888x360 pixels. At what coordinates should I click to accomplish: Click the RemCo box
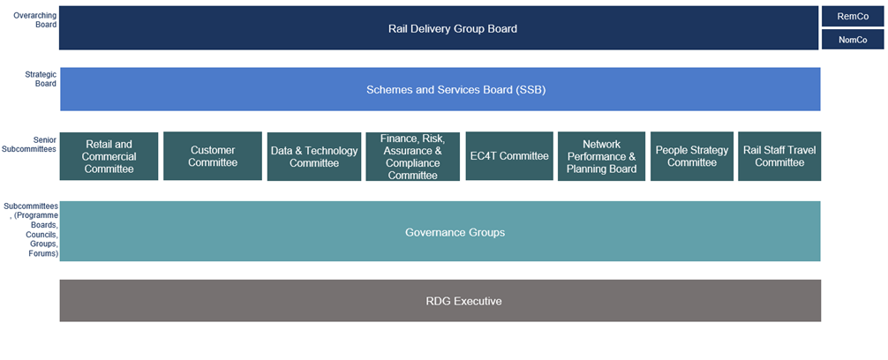[852, 16]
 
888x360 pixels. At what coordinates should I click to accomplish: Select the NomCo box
[852, 40]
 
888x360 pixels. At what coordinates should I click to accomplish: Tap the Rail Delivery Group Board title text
[452, 28]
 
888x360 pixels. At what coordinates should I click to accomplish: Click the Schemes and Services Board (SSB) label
[450, 89]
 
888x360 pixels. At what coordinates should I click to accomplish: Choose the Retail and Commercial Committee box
[109, 156]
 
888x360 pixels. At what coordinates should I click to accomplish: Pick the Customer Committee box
[213, 156]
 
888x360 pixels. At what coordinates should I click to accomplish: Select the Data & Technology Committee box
[314, 156]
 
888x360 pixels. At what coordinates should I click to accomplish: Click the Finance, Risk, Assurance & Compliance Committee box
[412, 156]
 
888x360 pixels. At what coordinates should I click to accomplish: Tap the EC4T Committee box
[509, 156]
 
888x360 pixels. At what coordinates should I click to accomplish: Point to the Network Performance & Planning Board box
[601, 156]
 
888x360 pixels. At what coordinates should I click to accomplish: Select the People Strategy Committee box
[692, 156]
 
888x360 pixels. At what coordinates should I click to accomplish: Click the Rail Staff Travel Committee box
[779, 156]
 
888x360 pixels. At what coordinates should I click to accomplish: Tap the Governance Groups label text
[455, 232]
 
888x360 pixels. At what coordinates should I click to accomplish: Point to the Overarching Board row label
[35, 20]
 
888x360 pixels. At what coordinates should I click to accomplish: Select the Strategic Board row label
[41, 79]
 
